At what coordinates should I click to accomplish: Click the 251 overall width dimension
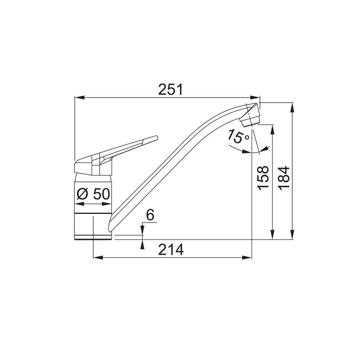(170, 89)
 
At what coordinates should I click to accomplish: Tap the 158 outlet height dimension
(263, 178)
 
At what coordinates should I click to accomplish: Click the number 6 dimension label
(149, 215)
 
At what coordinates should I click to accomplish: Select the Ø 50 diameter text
(93, 194)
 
